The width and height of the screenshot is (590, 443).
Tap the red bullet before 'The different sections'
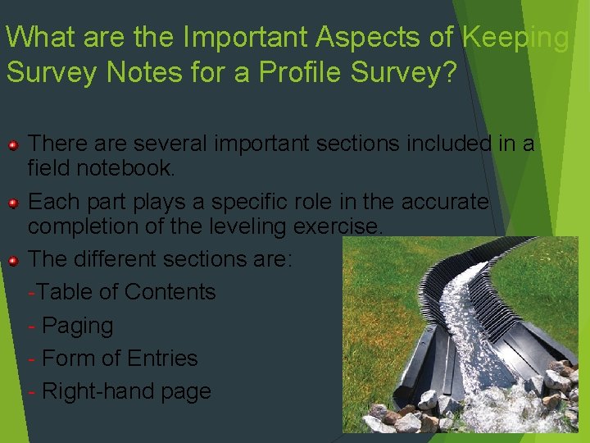[x=14, y=260]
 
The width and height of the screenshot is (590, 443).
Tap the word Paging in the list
[x=77, y=326]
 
